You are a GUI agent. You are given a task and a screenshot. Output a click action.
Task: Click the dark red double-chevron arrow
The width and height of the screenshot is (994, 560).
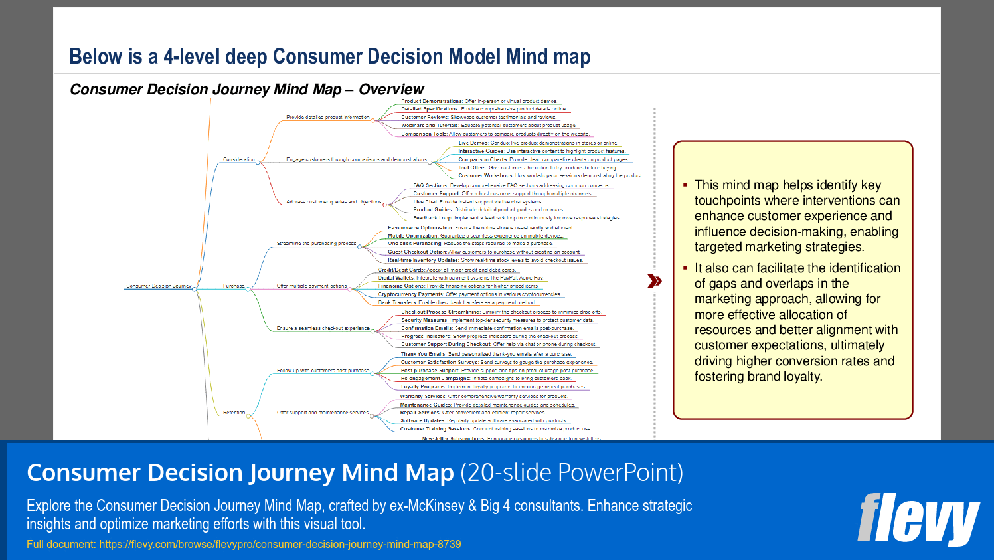(x=654, y=281)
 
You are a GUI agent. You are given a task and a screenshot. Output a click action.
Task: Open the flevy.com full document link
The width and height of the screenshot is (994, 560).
(x=280, y=544)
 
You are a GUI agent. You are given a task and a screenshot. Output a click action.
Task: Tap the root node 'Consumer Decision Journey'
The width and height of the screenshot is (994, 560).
(x=159, y=286)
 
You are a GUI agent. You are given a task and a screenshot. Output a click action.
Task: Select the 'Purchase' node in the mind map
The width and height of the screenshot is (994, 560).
(x=234, y=286)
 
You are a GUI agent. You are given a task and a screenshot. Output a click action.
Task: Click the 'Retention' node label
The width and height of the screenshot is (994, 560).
(x=234, y=412)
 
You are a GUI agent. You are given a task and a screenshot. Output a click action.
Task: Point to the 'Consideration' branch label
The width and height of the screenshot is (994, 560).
(x=238, y=159)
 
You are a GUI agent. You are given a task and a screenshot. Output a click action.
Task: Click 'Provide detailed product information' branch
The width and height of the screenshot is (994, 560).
(x=327, y=117)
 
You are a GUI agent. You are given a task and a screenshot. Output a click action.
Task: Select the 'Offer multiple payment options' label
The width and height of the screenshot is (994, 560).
(x=311, y=286)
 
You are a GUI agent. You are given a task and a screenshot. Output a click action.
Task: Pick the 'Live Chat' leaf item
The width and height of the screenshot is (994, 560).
(x=426, y=201)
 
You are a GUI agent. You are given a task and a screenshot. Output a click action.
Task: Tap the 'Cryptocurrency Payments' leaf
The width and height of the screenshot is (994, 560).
(x=410, y=294)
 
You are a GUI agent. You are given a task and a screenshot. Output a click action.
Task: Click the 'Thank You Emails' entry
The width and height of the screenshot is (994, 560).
(x=423, y=354)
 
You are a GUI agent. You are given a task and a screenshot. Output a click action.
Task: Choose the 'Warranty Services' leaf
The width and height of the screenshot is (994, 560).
(x=422, y=396)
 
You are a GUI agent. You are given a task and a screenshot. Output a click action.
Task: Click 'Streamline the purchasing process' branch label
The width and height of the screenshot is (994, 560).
(x=316, y=244)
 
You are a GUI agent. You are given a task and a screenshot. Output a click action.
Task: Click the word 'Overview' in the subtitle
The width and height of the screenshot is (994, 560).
(x=391, y=89)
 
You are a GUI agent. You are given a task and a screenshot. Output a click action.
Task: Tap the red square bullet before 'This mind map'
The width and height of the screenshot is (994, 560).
(x=685, y=185)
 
